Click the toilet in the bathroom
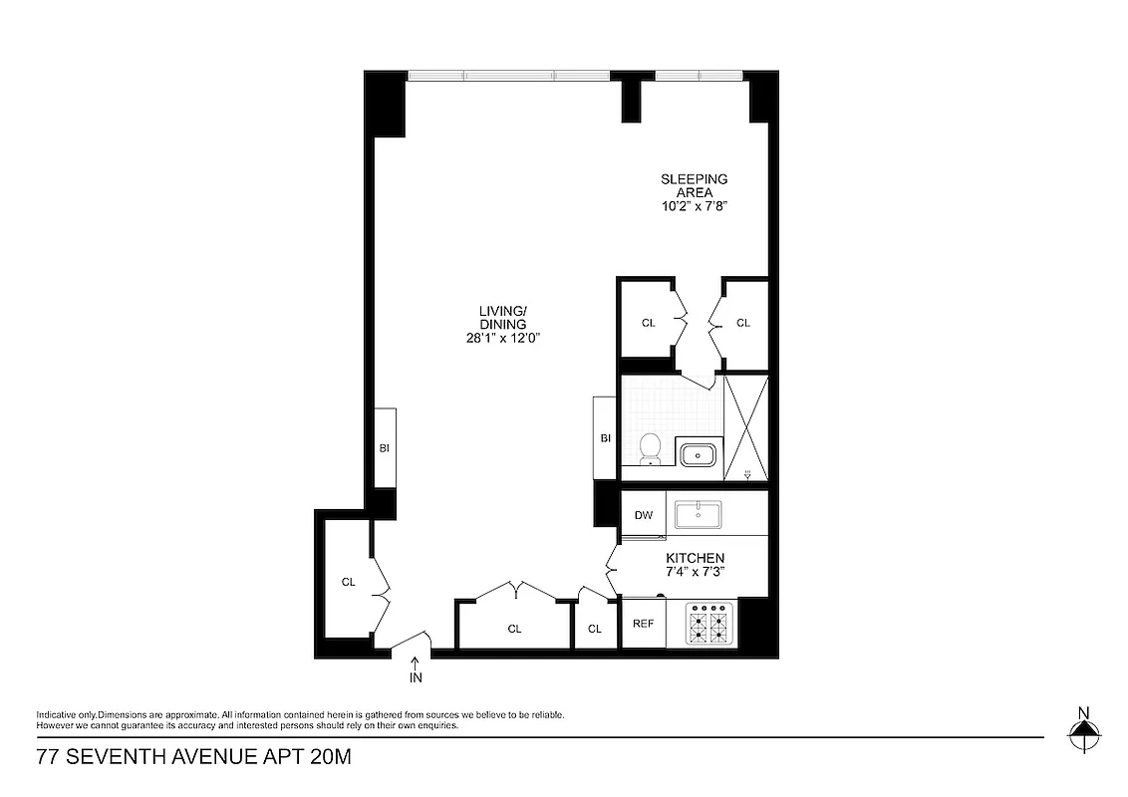(650, 449)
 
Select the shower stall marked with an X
(745, 426)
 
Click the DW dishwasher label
(644, 515)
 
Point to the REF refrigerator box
(644, 624)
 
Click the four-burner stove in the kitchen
(708, 625)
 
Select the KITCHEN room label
(696, 558)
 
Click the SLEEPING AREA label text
(695, 186)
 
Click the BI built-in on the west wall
(385, 448)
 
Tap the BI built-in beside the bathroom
(605, 438)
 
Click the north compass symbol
(1084, 734)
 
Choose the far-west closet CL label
(349, 582)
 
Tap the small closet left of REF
(595, 629)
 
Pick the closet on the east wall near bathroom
(743, 323)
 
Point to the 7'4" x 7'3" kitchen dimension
(696, 572)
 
